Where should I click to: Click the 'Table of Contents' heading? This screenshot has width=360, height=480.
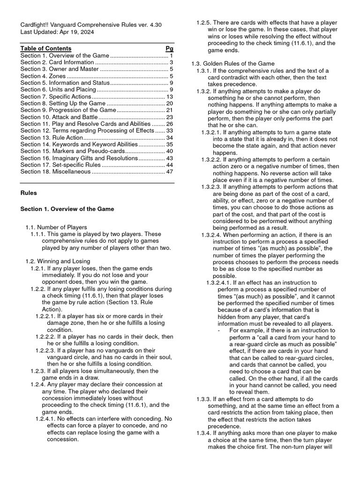click(x=46, y=48)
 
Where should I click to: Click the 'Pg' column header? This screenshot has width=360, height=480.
click(x=169, y=48)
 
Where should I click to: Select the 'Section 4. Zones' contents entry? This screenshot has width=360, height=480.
click(x=42, y=76)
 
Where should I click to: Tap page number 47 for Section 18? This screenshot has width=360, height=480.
click(x=170, y=172)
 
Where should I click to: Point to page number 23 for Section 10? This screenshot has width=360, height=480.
click(x=170, y=117)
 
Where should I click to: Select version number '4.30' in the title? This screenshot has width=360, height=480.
click(x=155, y=24)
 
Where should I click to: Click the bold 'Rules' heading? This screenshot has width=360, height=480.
click(x=29, y=193)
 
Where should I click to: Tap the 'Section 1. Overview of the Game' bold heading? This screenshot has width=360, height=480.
click(x=67, y=209)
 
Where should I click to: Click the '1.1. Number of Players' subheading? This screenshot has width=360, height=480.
click(x=56, y=227)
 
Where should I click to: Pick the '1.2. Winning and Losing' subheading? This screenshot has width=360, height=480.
click(x=58, y=261)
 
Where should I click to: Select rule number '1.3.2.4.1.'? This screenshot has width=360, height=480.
click(x=223, y=283)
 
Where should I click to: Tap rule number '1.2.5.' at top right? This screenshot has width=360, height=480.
click(x=204, y=22)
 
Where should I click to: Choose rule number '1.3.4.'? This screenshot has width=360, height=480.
click(x=204, y=433)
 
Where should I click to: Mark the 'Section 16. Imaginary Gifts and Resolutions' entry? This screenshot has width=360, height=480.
click(x=79, y=158)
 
